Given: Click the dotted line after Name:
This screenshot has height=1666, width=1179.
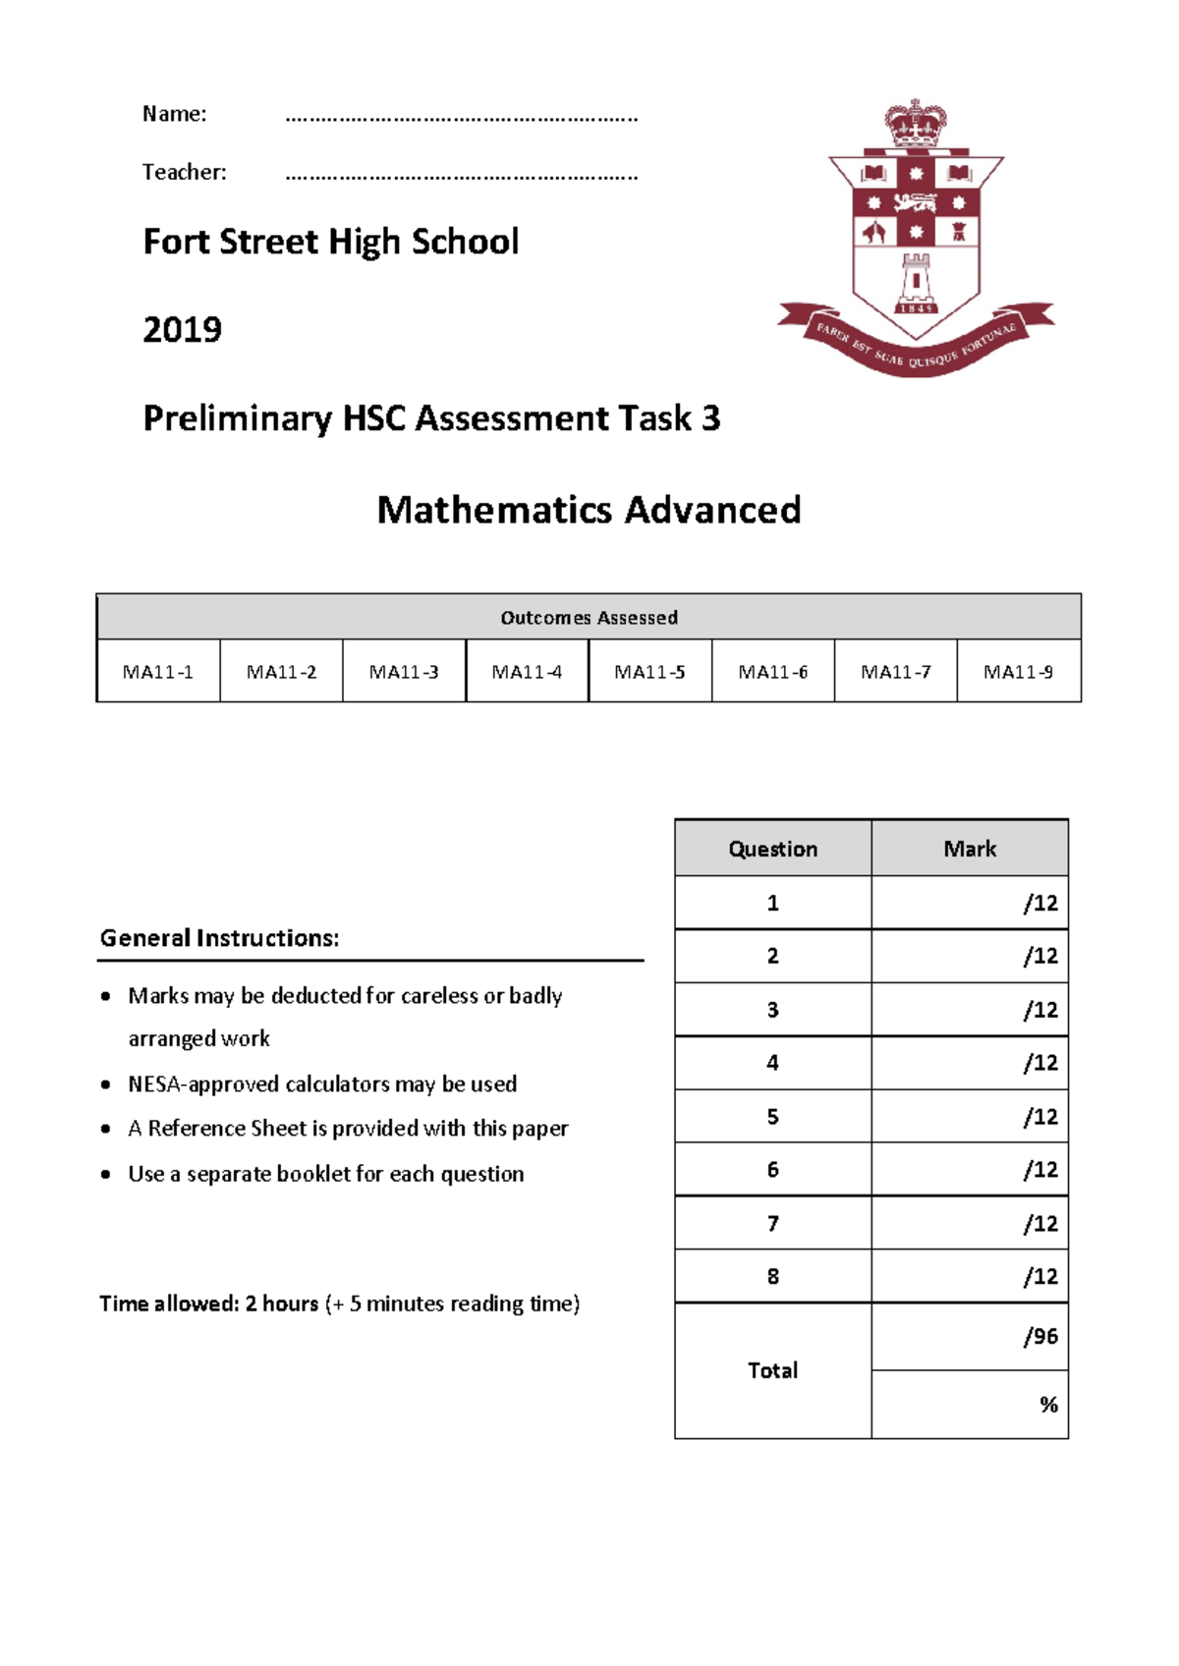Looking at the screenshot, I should pyautogui.click(x=461, y=119).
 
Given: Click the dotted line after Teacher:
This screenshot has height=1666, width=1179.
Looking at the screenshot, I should pyautogui.click(x=461, y=178).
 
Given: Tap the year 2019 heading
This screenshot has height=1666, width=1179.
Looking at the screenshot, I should pyautogui.click(x=183, y=329).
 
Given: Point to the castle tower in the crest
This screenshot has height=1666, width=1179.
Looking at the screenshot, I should pyautogui.click(x=916, y=281).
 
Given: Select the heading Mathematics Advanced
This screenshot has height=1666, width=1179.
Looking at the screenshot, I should pyautogui.click(x=589, y=510).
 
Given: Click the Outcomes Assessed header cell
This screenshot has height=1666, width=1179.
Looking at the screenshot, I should pyautogui.click(x=589, y=618).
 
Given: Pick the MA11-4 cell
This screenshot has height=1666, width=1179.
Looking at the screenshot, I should pyautogui.click(x=527, y=672).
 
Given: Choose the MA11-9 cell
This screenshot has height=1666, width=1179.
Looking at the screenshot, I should pyautogui.click(x=1018, y=672).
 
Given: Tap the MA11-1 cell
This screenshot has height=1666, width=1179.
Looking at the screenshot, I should pyautogui.click(x=158, y=672).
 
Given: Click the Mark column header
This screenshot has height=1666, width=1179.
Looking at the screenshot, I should pyautogui.click(x=970, y=849).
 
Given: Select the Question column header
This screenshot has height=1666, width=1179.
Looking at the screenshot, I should pyautogui.click(x=773, y=849).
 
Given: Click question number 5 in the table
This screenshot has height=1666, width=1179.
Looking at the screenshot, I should pyautogui.click(x=773, y=1117).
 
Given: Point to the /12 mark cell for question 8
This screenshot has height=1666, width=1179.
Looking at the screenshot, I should pyautogui.click(x=1039, y=1277).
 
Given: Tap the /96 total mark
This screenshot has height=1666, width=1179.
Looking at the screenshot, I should pyautogui.click(x=1039, y=1337).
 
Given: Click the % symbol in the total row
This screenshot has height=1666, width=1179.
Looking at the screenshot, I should pyautogui.click(x=1048, y=1405).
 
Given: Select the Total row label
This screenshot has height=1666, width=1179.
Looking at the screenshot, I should pyautogui.click(x=773, y=1370).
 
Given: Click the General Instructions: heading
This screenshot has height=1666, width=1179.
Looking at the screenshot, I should pyautogui.click(x=219, y=938).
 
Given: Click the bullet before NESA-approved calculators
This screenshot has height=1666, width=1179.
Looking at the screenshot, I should pyautogui.click(x=106, y=1085).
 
